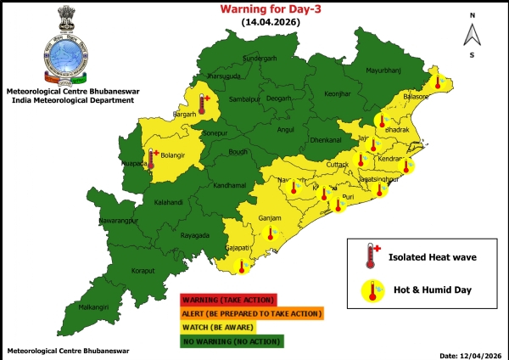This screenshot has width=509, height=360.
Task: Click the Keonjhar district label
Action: pos(337,93)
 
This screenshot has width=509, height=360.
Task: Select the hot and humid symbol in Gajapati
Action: pos(243,267)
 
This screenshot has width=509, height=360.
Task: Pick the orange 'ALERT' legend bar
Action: pos(251,313)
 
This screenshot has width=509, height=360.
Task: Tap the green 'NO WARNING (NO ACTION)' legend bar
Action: pos(232,340)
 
